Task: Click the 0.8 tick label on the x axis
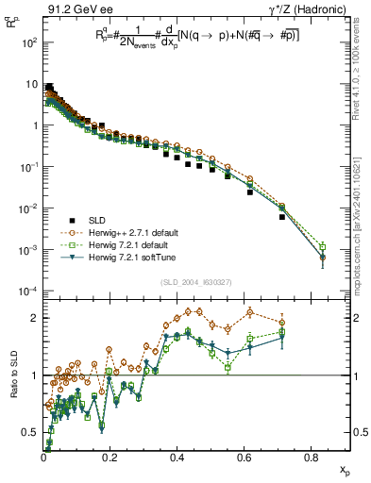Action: [x=313, y=459]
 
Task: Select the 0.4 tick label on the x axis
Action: [x=178, y=459]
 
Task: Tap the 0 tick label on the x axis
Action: [x=43, y=459]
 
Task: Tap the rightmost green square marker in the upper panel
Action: [x=323, y=247]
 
